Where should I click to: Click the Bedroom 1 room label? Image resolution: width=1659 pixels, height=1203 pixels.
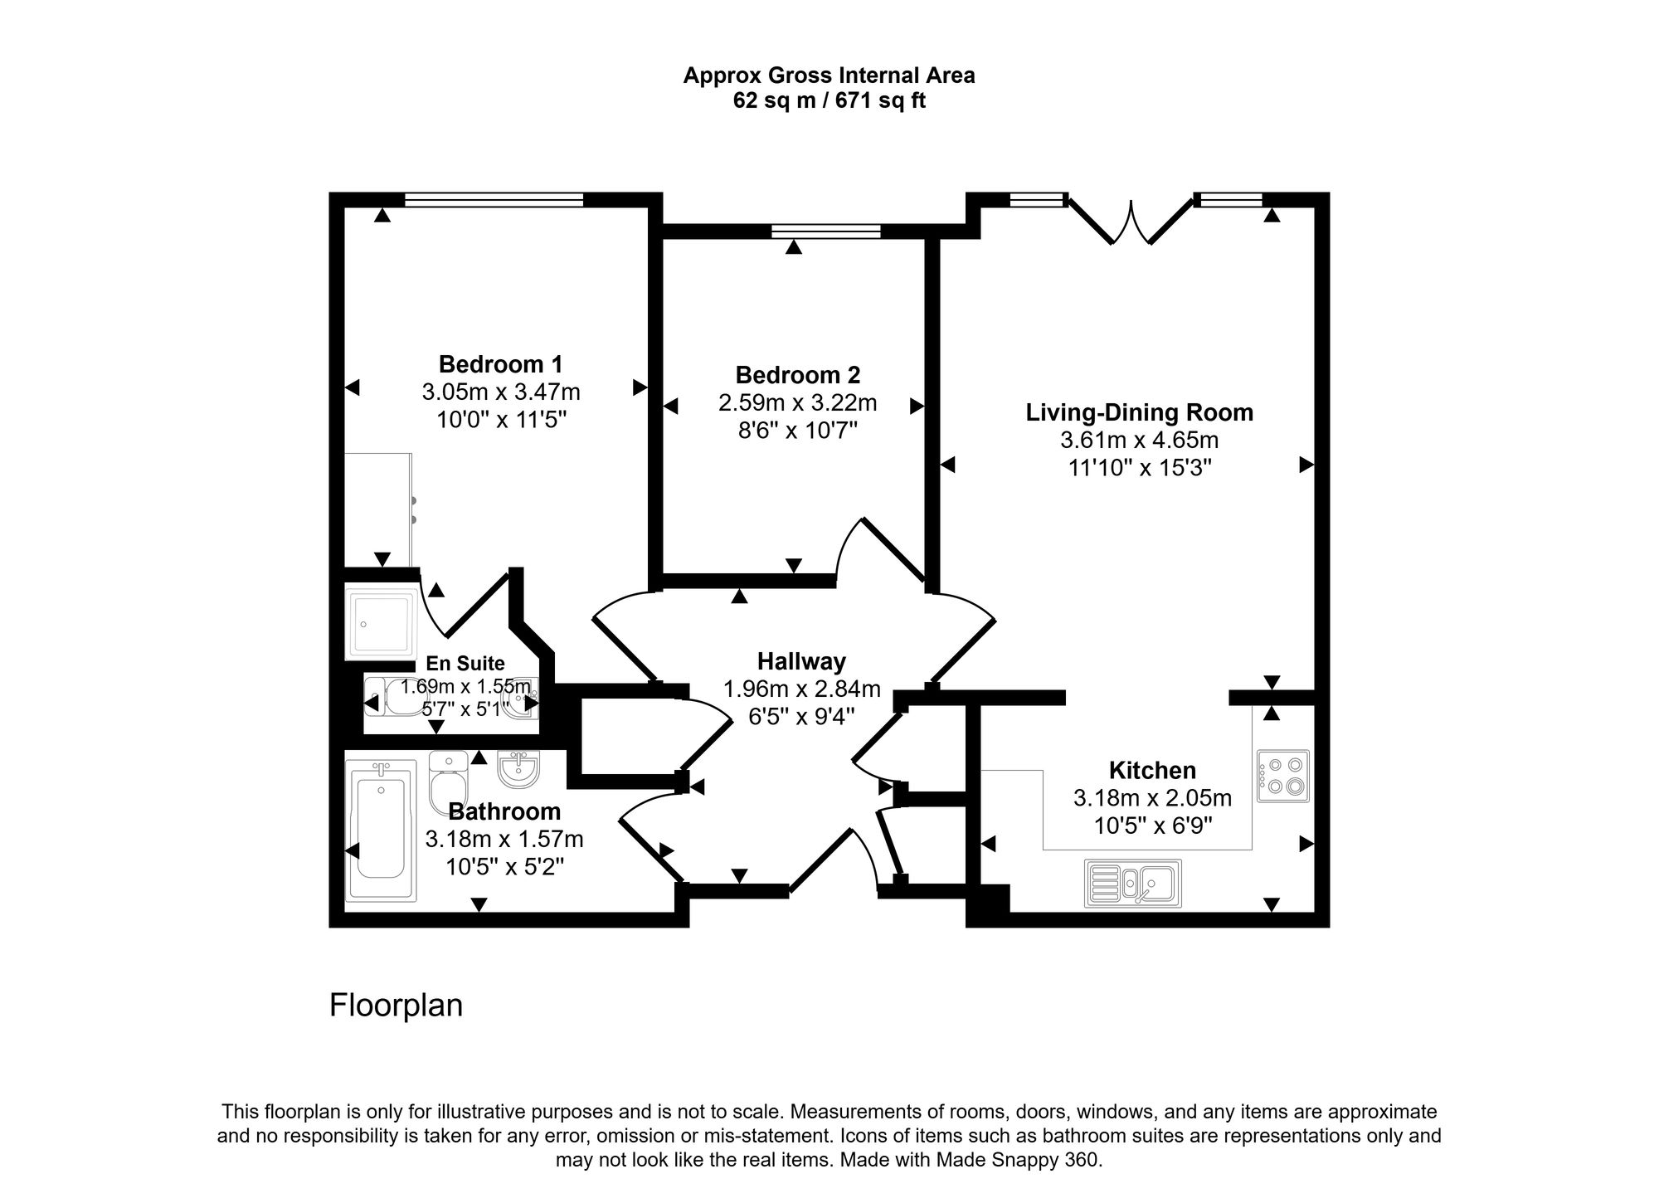[x=500, y=364]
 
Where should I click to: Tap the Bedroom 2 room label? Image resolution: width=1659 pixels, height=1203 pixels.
[x=797, y=375]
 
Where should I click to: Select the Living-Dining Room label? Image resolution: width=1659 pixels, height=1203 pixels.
[x=1139, y=412]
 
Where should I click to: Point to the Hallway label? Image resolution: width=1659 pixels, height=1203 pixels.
[x=801, y=661]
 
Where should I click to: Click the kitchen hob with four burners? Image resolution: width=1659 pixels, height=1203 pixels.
[x=1282, y=776]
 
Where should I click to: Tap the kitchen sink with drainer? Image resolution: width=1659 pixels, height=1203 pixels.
[x=1132, y=883]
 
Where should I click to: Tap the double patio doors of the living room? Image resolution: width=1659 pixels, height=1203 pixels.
[x=1131, y=220]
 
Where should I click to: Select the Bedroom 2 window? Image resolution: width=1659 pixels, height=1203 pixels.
[x=825, y=231]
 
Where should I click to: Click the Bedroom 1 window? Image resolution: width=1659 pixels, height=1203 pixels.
[x=494, y=200]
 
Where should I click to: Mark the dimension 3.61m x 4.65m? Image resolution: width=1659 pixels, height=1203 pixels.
[x=1140, y=440]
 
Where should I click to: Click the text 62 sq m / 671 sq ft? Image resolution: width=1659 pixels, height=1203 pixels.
[x=829, y=100]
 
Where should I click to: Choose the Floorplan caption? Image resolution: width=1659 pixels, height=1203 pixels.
[x=396, y=1005]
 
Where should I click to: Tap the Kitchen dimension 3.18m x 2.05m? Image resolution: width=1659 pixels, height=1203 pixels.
[x=1152, y=798]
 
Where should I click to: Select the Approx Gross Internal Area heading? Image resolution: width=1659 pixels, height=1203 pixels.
[x=829, y=75]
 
